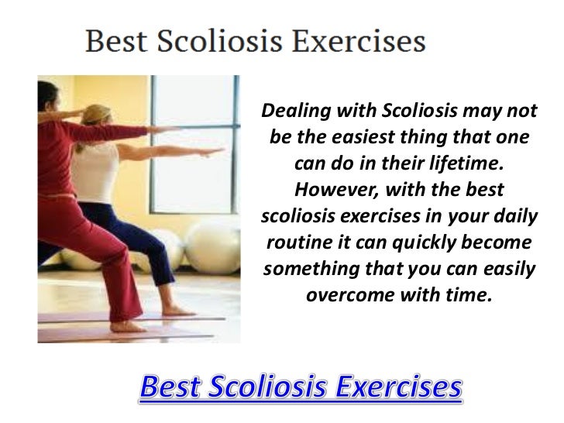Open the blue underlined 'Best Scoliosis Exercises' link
coord(301,387)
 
